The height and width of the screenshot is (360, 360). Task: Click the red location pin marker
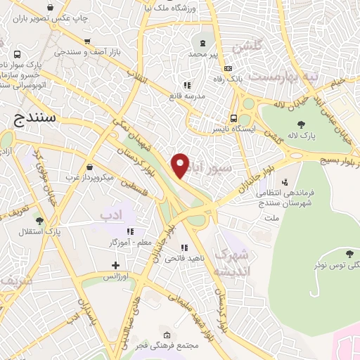[181, 165]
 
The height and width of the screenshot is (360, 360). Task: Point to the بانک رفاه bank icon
[227, 68]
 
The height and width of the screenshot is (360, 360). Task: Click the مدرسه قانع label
[186, 95]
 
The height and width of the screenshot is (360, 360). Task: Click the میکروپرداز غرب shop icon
[92, 167]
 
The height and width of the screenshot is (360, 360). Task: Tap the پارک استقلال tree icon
[39, 220]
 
